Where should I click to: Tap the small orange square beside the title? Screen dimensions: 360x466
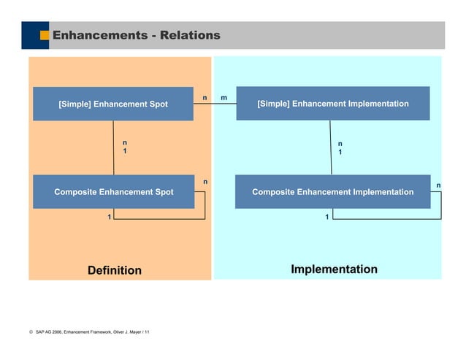[45, 35]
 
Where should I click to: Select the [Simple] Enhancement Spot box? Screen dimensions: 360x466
[113, 104]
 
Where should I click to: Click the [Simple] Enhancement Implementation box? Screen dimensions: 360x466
[332, 104]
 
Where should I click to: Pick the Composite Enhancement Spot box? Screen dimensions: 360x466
[113, 192]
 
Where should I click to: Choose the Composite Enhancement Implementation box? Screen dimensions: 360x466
[332, 192]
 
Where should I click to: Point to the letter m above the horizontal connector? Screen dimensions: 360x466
[224, 97]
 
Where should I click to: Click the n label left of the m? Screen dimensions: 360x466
[205, 97]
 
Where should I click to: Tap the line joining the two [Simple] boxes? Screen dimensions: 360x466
[215, 104]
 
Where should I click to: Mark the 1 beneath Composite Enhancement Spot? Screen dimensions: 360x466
[110, 217]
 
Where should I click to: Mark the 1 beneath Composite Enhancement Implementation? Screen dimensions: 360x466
[326, 217]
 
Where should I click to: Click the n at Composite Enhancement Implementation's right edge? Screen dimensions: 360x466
[438, 185]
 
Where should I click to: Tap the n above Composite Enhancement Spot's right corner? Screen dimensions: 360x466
[205, 181]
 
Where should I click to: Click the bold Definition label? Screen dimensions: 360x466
[115, 270]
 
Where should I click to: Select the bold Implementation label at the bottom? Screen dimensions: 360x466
[334, 269]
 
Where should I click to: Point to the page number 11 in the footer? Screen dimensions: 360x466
[147, 332]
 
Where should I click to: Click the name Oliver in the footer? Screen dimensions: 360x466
[120, 332]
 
